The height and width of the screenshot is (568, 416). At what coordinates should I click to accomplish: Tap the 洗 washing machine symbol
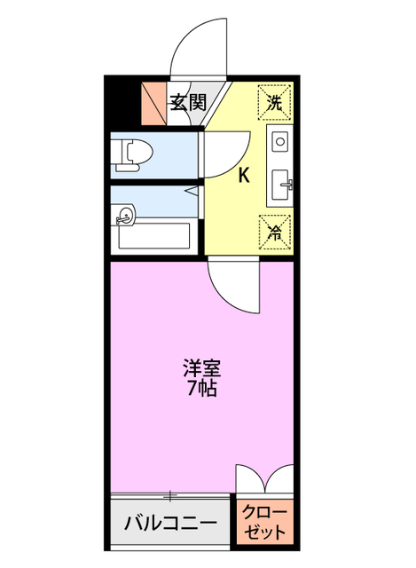point(275,100)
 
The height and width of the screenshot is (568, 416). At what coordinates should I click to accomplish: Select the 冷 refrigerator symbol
point(275,233)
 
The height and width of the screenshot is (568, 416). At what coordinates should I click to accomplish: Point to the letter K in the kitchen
point(243,175)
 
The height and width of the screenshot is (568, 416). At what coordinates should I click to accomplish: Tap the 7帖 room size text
point(201,389)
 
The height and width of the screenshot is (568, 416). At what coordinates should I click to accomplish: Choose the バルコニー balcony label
point(169,523)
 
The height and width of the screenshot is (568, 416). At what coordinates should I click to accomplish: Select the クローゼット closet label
point(265,523)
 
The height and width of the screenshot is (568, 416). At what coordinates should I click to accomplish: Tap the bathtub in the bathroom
point(153,235)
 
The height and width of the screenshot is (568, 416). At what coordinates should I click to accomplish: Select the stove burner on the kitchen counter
point(279,141)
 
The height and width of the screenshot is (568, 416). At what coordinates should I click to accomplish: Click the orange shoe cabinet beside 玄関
point(154,103)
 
